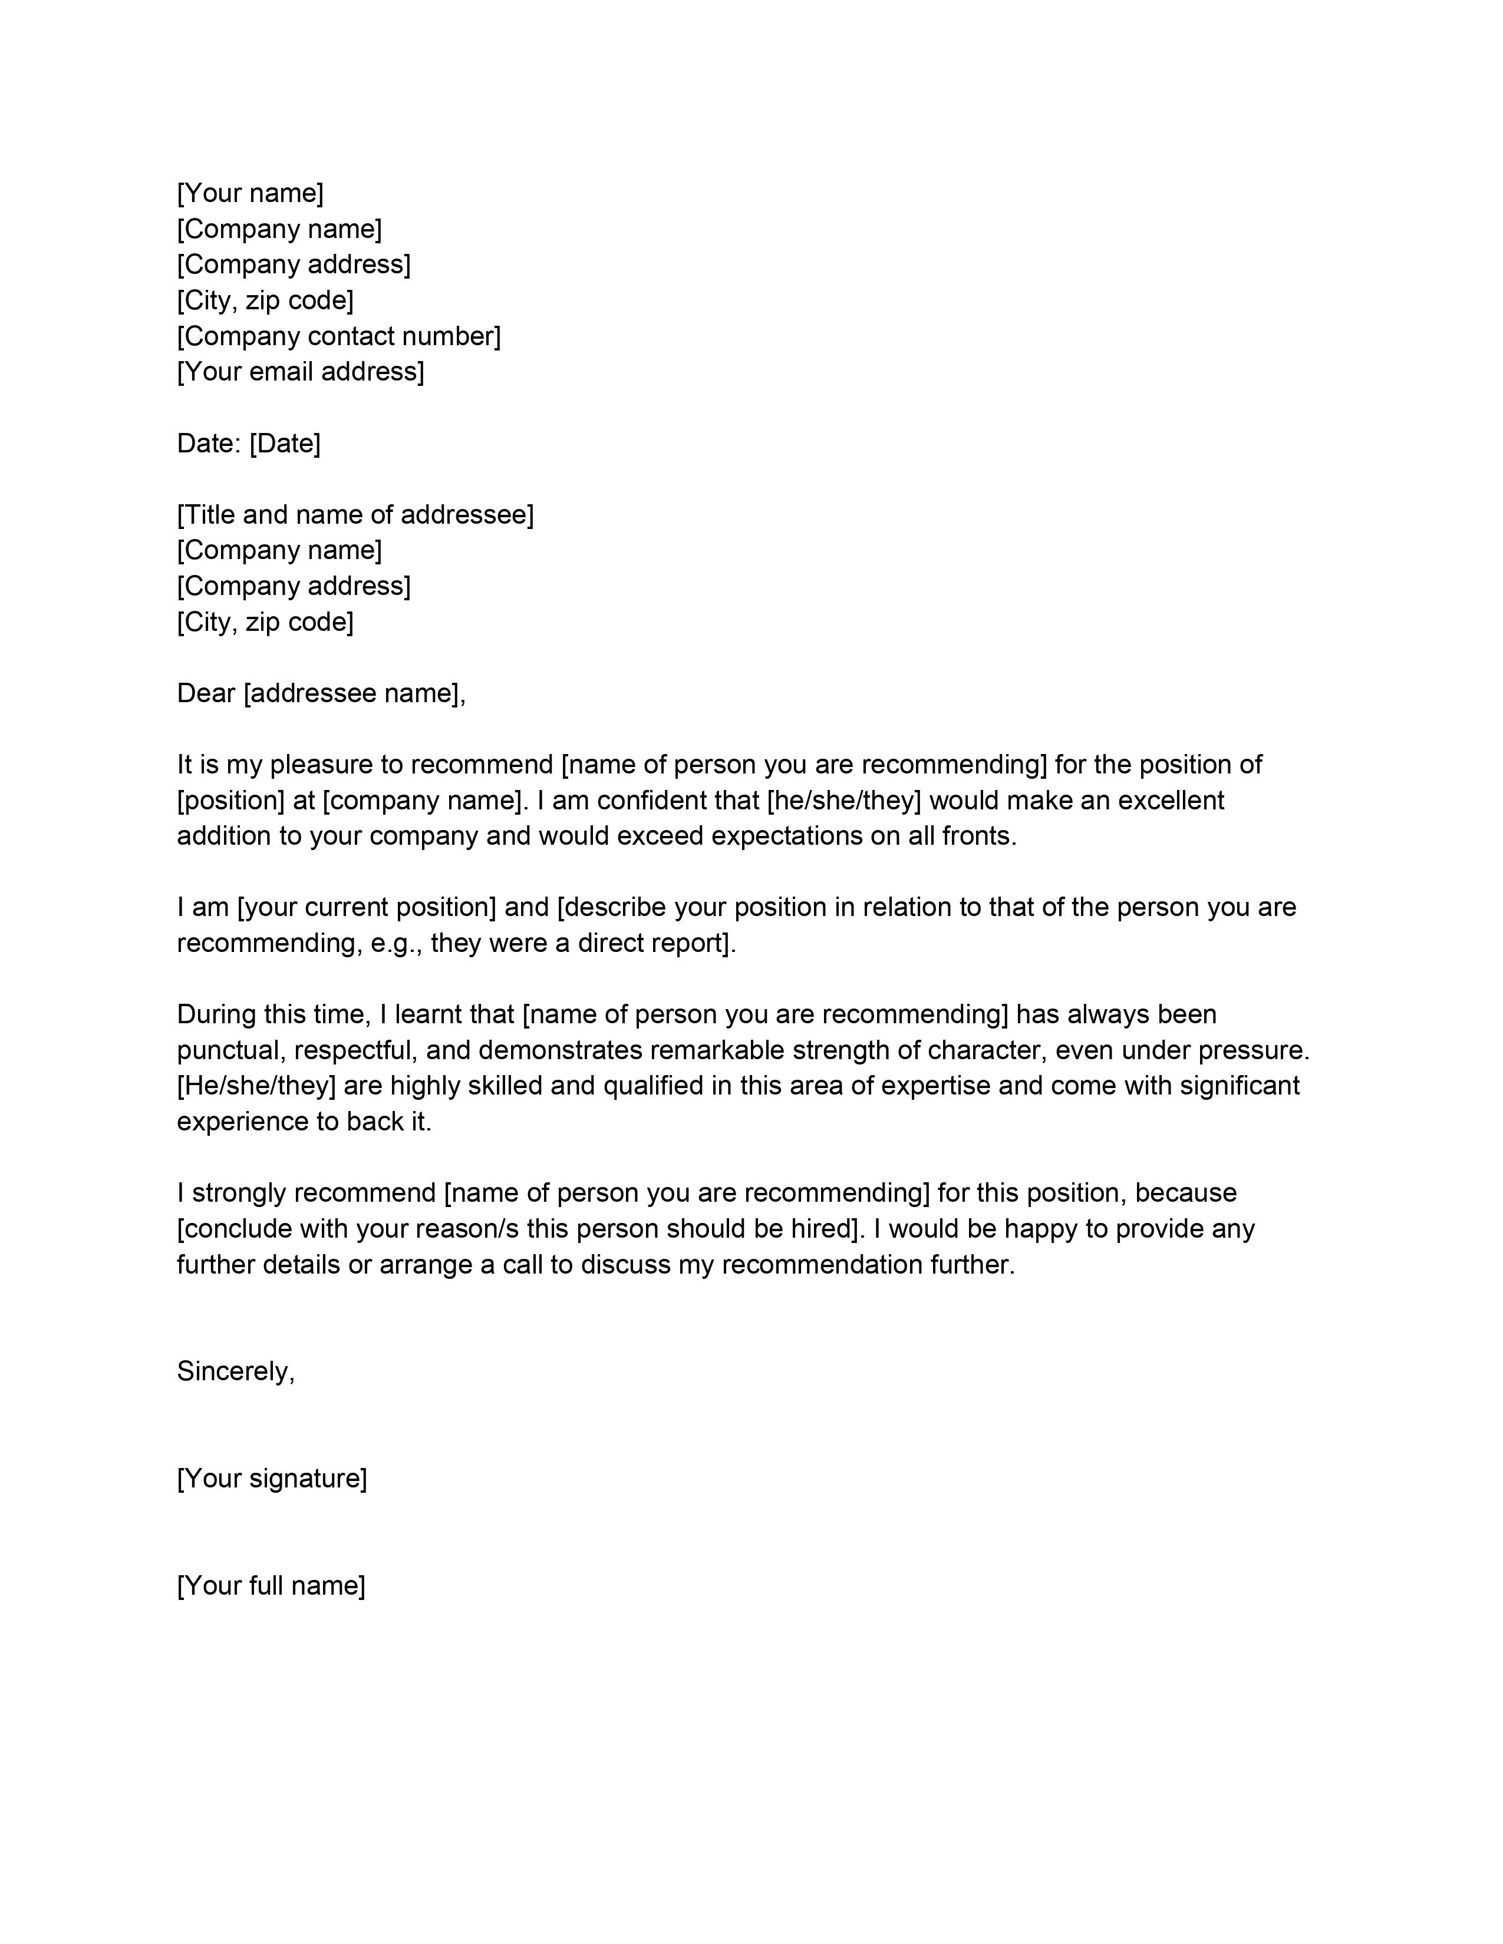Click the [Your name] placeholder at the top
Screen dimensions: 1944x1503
(250, 193)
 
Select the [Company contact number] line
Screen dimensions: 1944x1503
(338, 336)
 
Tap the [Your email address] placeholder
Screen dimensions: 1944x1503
(300, 371)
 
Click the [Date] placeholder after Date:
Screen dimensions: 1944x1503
(284, 443)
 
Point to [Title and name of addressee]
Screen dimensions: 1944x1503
(355, 514)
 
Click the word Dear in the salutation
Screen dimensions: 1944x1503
(206, 693)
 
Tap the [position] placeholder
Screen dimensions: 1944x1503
(230, 800)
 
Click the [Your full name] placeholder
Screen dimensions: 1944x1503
(271, 1585)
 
